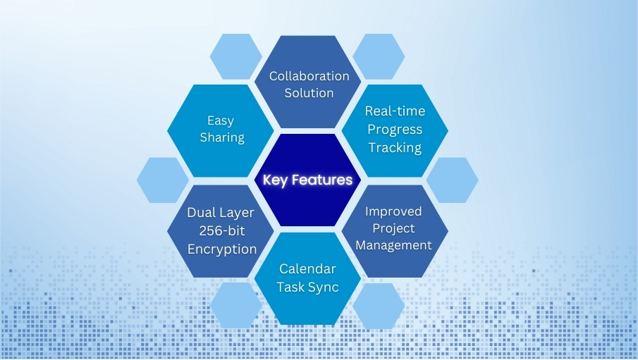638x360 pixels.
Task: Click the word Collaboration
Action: point(309,76)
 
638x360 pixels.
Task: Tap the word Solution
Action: point(309,93)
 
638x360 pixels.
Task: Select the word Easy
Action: point(221,121)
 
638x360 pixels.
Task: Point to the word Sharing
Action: point(221,137)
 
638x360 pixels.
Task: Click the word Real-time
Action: point(395,111)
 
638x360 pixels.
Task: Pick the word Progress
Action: point(395,130)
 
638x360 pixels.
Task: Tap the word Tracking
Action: point(395,147)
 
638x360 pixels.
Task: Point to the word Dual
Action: point(202,212)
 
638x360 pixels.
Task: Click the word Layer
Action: point(238,212)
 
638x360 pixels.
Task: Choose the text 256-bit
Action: point(221,230)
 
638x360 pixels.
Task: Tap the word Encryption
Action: point(221,249)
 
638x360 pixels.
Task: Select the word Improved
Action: point(393,211)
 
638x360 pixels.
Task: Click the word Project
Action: point(393,228)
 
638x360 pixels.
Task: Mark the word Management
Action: point(393,245)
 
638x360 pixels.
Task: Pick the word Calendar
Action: point(307,269)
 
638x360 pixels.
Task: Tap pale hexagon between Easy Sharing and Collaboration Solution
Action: point(236,56)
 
